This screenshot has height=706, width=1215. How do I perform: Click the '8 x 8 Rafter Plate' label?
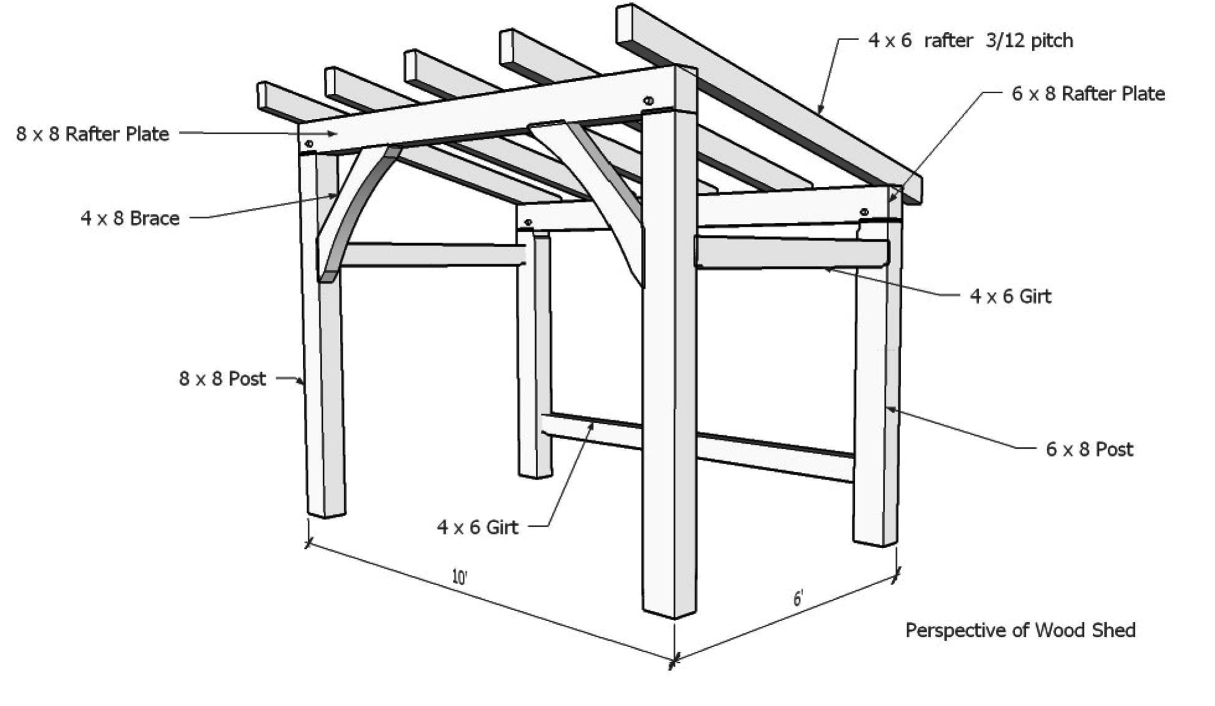click(x=93, y=134)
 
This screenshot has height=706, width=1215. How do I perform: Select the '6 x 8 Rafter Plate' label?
click(x=1088, y=94)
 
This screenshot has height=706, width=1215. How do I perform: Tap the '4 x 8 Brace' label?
click(x=130, y=218)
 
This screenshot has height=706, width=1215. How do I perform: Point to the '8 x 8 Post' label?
click(x=222, y=379)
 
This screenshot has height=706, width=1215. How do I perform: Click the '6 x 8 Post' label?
click(x=1089, y=449)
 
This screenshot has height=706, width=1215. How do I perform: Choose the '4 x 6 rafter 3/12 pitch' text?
click(x=970, y=41)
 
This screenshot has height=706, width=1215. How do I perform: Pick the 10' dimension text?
click(x=460, y=577)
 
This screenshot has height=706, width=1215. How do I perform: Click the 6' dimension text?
click(x=798, y=599)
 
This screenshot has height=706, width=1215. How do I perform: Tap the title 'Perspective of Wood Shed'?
click(x=1020, y=631)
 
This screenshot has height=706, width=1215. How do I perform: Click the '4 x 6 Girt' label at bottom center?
click(x=477, y=527)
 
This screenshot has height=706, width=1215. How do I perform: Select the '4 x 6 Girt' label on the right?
click(x=1010, y=296)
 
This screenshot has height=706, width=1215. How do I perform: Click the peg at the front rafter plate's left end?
click(x=309, y=143)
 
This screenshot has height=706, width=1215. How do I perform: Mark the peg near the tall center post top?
click(x=648, y=100)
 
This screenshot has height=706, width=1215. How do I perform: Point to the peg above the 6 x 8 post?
click(x=864, y=212)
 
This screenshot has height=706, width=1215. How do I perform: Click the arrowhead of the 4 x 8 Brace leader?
click(x=334, y=196)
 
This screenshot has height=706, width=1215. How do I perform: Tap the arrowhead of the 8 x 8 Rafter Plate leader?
click(x=333, y=134)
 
